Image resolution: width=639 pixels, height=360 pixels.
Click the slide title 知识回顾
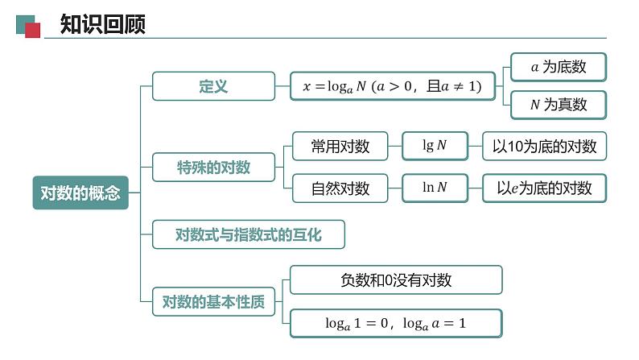(x=102, y=25)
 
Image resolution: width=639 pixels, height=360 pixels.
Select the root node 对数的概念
(x=80, y=192)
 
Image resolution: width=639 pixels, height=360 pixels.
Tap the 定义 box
(x=213, y=86)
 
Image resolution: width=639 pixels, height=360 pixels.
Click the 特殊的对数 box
(x=213, y=168)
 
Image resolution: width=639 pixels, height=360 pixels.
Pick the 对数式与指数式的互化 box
(x=248, y=235)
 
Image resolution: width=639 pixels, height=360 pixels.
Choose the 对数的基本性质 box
(x=213, y=303)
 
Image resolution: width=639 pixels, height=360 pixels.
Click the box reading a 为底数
(x=559, y=68)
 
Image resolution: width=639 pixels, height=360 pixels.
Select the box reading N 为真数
(x=559, y=105)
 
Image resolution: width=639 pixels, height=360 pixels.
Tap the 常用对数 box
(x=340, y=147)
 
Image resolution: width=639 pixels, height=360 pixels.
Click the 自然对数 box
(x=340, y=188)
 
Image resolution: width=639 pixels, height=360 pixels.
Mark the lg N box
(x=435, y=146)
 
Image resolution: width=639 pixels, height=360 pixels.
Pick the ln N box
(x=435, y=188)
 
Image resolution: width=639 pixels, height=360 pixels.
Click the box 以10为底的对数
(x=545, y=147)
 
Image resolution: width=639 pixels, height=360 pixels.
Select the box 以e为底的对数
(x=545, y=188)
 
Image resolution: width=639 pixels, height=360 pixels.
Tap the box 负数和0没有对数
(x=396, y=280)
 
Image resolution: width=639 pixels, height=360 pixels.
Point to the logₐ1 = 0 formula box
(x=396, y=324)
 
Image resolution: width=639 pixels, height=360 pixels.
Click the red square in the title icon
(x=33, y=31)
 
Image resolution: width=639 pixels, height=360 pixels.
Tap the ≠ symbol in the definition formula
(x=456, y=86)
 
